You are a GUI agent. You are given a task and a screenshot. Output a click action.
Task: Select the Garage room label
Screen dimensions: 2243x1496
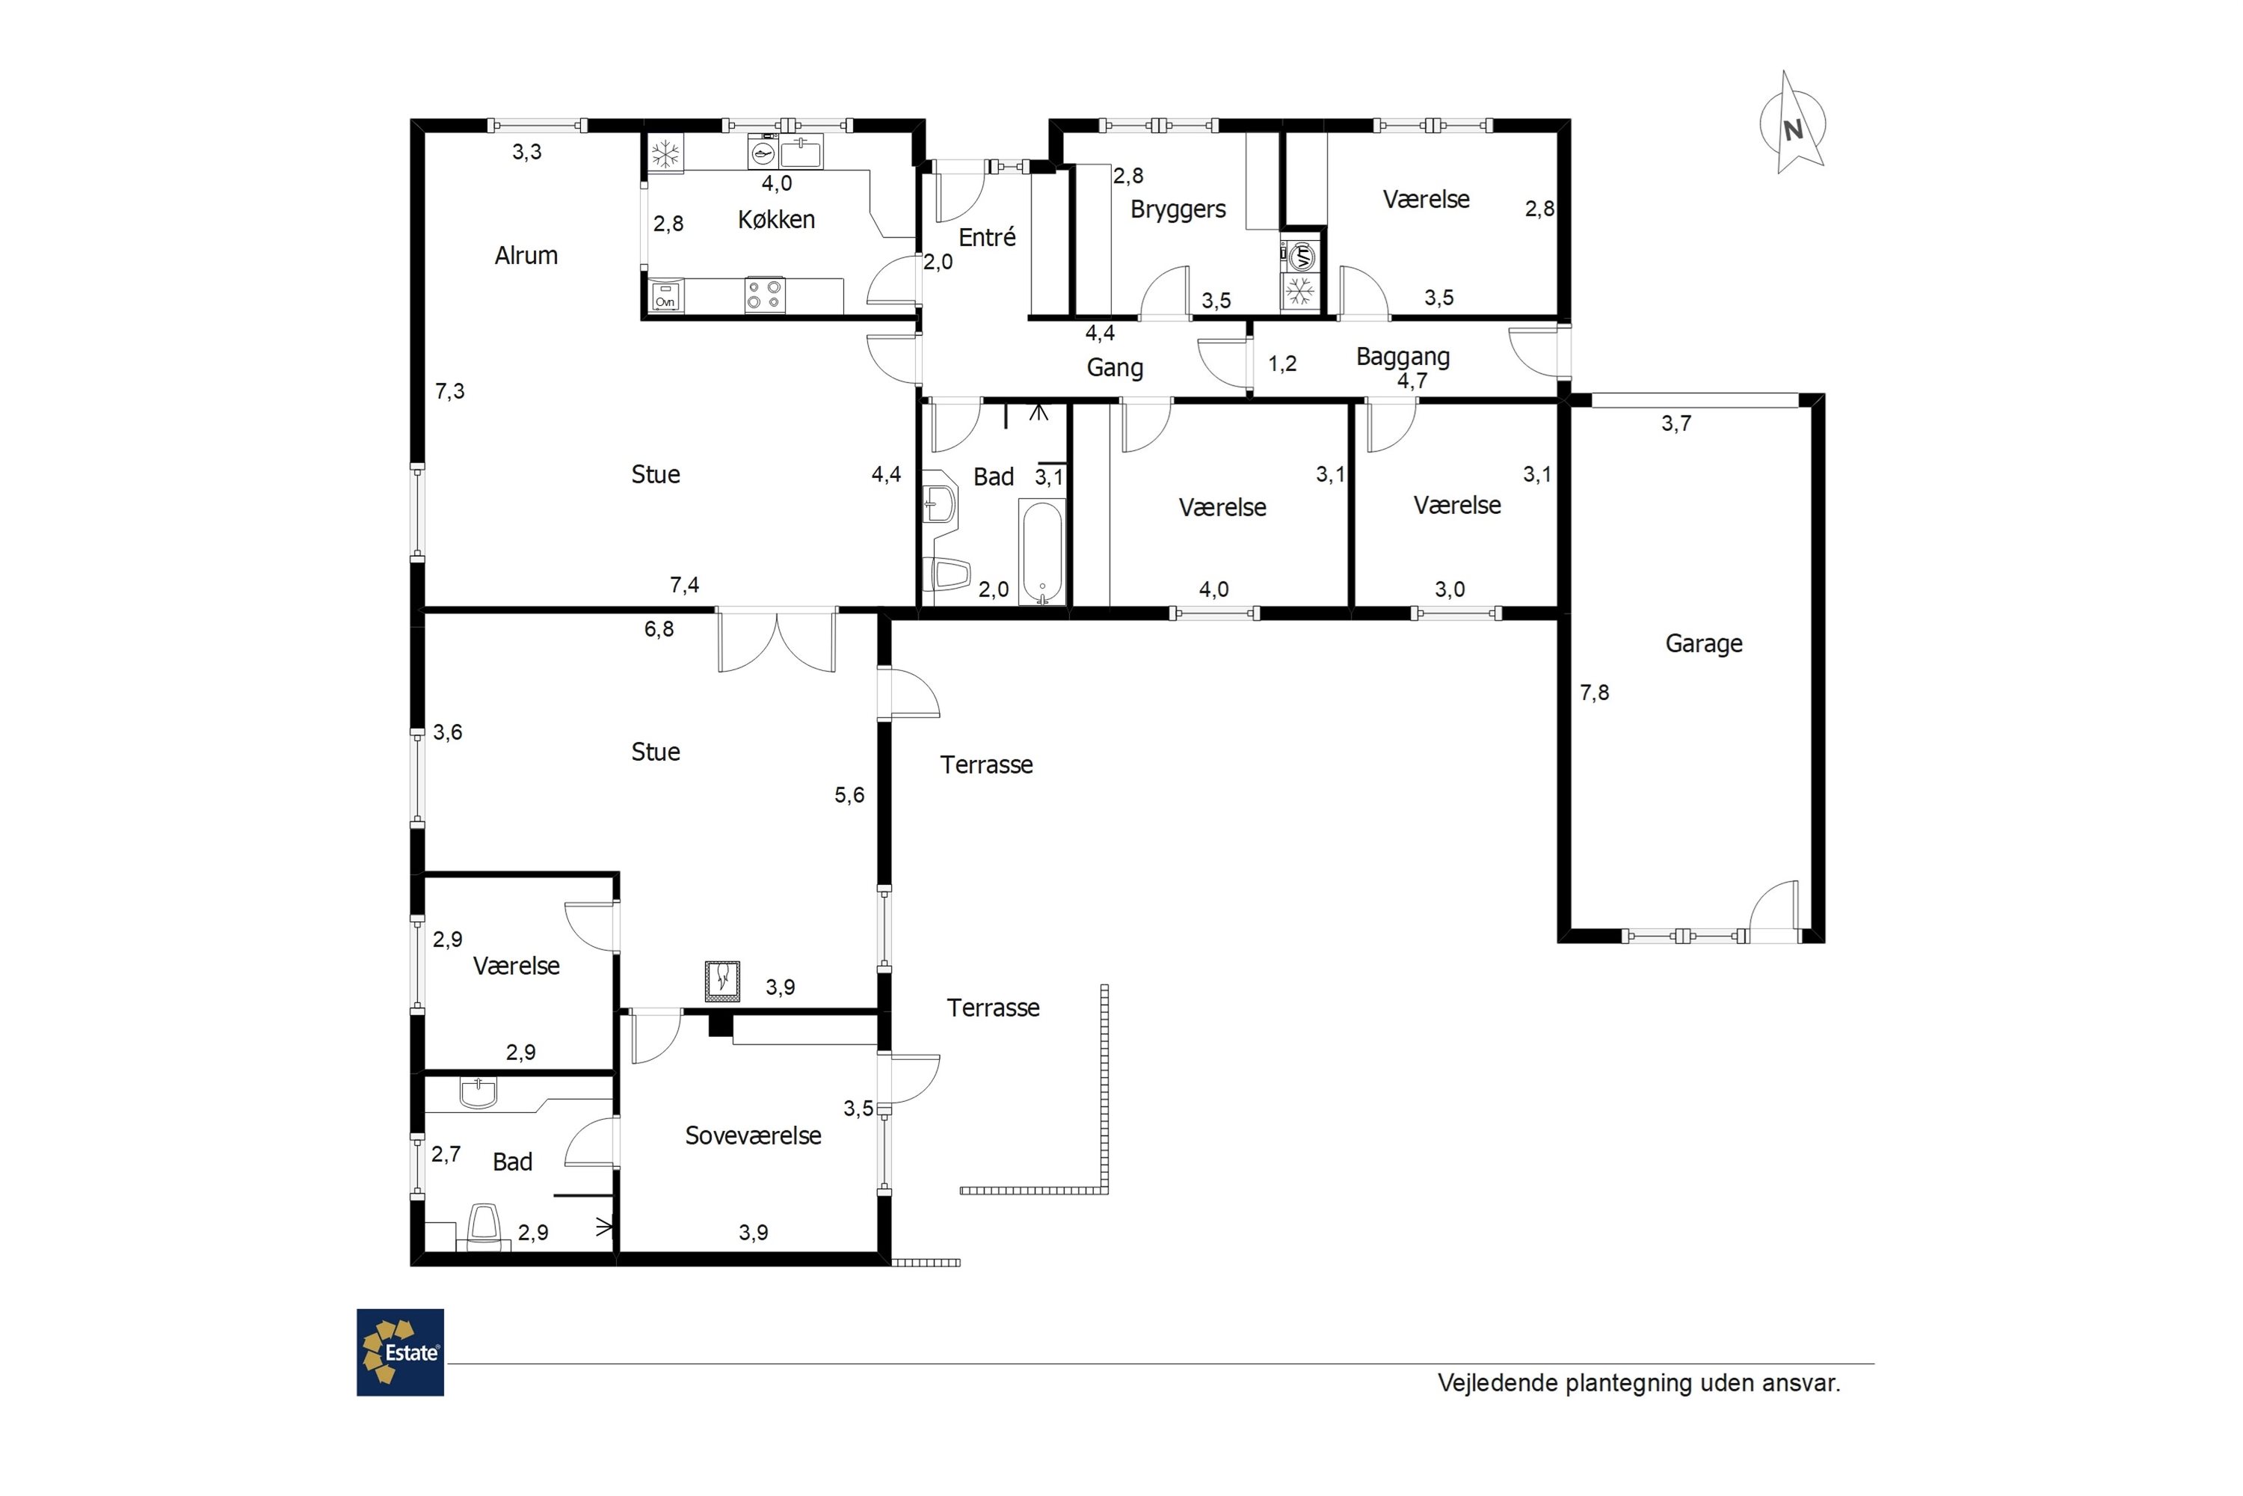tap(1703, 644)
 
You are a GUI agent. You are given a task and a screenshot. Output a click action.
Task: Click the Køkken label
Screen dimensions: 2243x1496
tap(776, 219)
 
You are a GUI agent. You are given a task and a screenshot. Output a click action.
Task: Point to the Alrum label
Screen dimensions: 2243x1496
tap(526, 256)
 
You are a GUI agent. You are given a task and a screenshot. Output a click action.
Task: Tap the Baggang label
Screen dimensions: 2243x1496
tap(1402, 358)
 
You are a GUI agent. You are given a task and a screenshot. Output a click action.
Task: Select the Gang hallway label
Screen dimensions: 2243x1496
tap(1115, 367)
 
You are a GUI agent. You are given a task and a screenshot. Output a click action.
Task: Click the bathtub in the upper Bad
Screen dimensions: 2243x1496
tap(1041, 551)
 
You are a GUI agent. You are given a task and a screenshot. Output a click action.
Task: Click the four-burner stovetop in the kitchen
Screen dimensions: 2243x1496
tap(765, 295)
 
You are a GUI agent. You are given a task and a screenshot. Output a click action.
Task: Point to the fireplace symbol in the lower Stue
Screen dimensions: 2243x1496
tap(723, 980)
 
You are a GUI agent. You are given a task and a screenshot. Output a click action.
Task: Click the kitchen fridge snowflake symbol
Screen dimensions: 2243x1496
tap(665, 153)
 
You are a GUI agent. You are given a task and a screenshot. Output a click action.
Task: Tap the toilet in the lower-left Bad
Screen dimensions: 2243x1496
tap(484, 1225)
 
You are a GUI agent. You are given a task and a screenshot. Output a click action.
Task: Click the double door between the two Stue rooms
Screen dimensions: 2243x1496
tap(778, 640)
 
